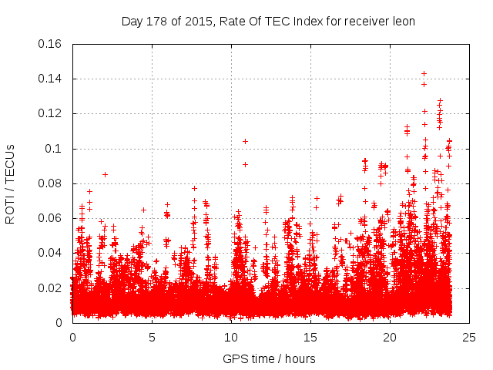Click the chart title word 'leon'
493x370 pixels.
click(x=403, y=21)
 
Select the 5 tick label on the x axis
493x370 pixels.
click(x=152, y=337)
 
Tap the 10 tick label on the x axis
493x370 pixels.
click(x=231, y=337)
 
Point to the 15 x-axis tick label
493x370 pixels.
click(x=310, y=337)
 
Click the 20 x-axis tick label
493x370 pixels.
click(x=390, y=337)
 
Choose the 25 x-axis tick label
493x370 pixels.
click(x=469, y=337)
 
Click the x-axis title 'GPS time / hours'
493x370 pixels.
click(x=269, y=358)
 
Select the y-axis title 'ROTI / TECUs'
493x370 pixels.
click(x=11, y=183)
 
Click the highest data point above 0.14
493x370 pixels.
click(x=424, y=73)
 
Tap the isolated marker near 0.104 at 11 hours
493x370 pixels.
click(x=245, y=141)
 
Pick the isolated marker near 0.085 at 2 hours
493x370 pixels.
click(x=105, y=174)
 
